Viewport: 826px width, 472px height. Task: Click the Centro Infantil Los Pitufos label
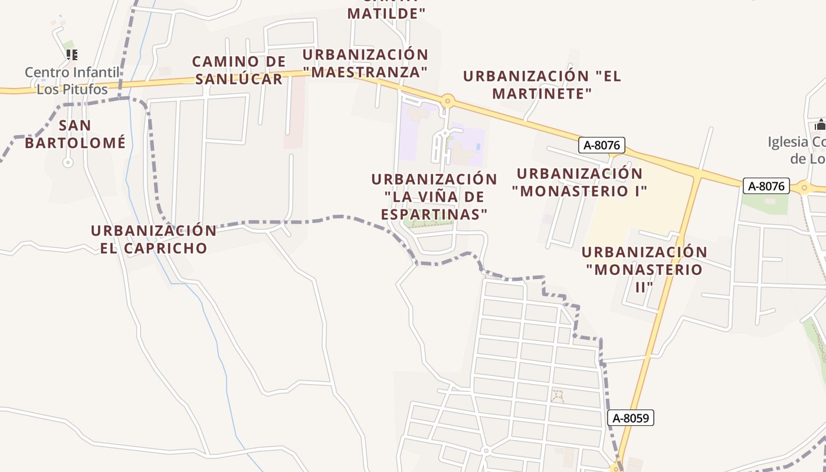click(72, 81)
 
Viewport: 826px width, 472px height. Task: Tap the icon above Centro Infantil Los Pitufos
click(72, 55)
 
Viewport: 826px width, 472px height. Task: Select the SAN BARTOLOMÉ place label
click(76, 134)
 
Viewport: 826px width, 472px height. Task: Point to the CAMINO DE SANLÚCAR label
click(239, 70)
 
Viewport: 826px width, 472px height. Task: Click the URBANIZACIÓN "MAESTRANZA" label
click(366, 63)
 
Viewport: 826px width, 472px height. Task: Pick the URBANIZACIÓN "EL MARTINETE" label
click(542, 84)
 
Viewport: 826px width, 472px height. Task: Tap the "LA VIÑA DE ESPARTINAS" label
click(434, 196)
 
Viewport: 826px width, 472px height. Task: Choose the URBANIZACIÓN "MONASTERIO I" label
click(579, 182)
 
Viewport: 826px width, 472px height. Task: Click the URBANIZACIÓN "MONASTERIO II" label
click(644, 269)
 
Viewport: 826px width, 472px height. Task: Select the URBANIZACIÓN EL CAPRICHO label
click(153, 239)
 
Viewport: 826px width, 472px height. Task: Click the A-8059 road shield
click(631, 418)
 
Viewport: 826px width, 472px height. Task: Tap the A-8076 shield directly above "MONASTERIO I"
click(601, 145)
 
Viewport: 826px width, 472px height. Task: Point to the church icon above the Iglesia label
click(820, 124)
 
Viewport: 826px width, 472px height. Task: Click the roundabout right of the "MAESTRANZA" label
click(447, 101)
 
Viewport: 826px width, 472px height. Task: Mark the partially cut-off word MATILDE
click(386, 13)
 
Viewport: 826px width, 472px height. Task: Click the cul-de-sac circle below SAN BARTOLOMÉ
click(68, 163)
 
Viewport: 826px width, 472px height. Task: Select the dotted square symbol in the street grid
click(557, 396)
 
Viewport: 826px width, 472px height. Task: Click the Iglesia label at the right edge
click(796, 150)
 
